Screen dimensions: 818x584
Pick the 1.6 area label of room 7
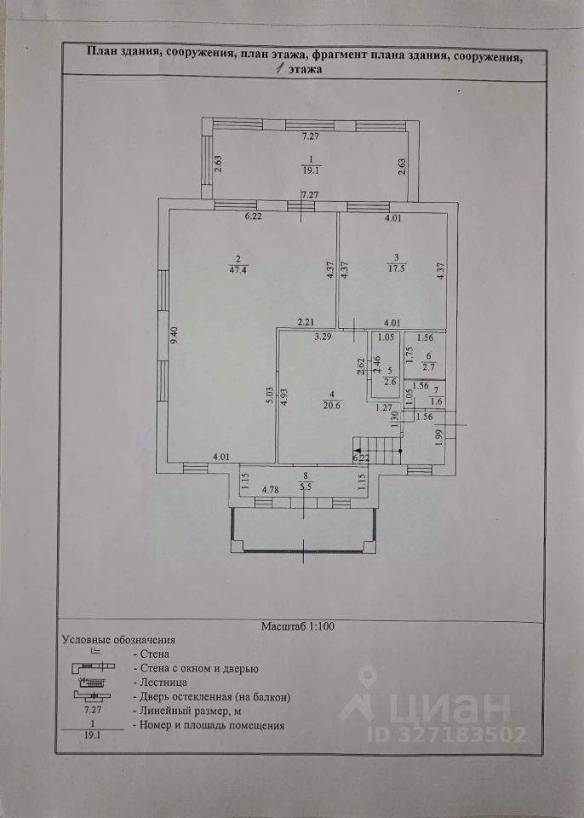coord(437,402)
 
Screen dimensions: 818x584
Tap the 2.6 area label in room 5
coord(389,383)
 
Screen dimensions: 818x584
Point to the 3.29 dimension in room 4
coord(322,337)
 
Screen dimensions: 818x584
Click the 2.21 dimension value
coord(306,322)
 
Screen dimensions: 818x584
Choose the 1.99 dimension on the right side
coord(438,439)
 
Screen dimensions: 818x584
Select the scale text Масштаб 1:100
coord(297,625)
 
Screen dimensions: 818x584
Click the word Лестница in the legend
coord(160,683)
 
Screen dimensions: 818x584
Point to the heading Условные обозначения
coord(118,638)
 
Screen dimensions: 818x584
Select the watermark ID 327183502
coord(447,734)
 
